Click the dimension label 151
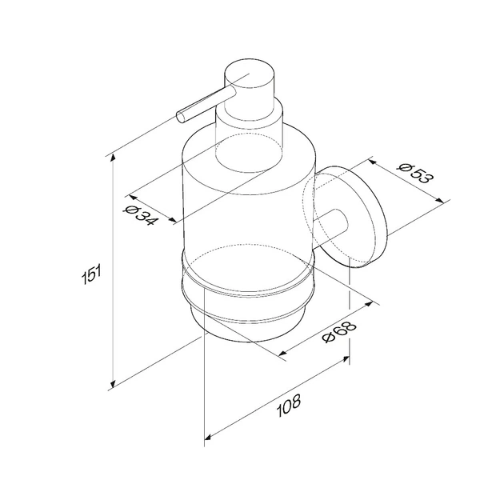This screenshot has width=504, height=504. click(x=92, y=274)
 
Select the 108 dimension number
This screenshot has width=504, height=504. click(x=289, y=406)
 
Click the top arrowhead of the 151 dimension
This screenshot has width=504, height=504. click(x=113, y=158)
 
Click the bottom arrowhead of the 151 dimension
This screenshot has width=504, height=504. click(x=113, y=384)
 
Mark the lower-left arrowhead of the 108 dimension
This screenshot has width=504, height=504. click(x=208, y=437)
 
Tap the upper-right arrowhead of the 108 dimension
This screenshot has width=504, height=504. click(x=346, y=358)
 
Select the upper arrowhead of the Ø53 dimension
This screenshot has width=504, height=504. click(x=372, y=162)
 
